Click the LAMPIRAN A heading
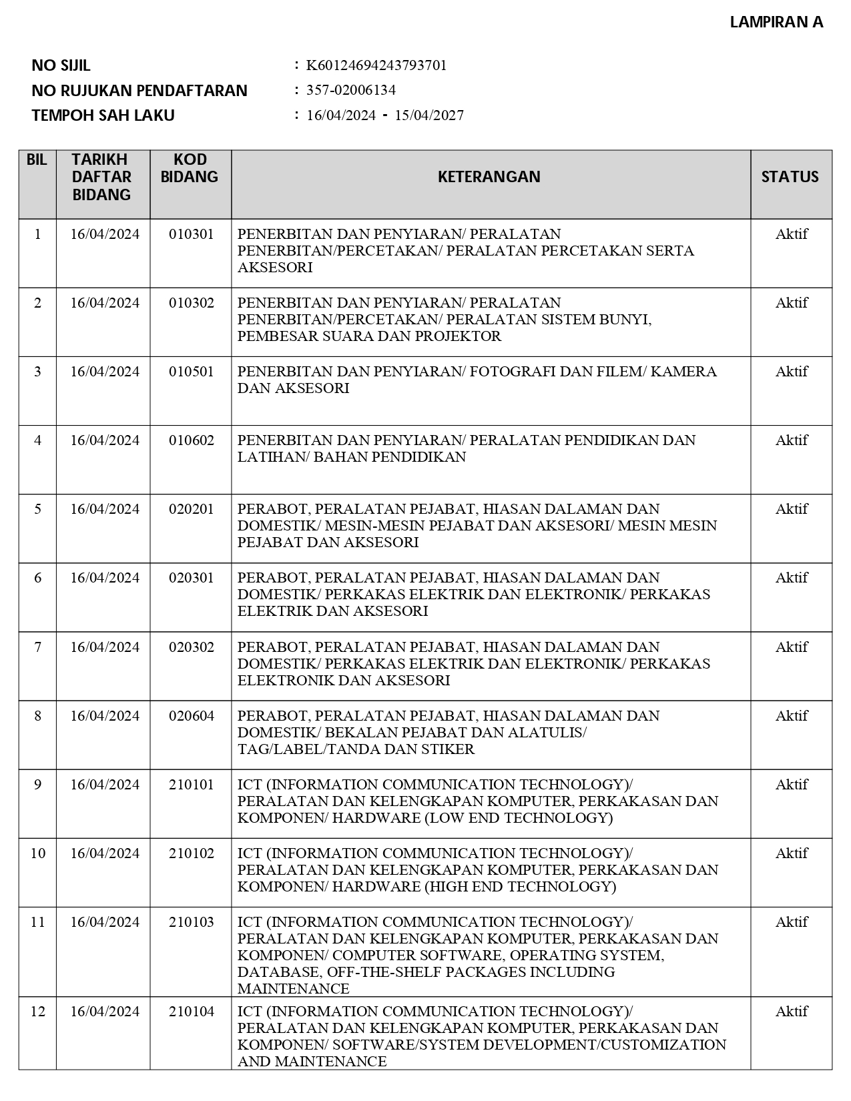pyautogui.click(x=776, y=22)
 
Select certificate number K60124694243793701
pyautogui.click(x=376, y=65)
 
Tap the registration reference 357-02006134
pyautogui.click(x=351, y=90)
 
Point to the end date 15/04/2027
pyautogui.click(x=429, y=115)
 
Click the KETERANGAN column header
pyautogui.click(x=489, y=177)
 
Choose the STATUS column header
pyautogui.click(x=790, y=177)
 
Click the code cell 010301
pyautogui.click(x=192, y=234)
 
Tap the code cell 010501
pyautogui.click(x=192, y=372)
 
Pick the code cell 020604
pyautogui.click(x=192, y=716)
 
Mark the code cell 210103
pyautogui.click(x=192, y=922)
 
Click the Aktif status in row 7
pyautogui.click(x=792, y=647)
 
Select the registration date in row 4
pyautogui.click(x=105, y=440)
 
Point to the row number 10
pyautogui.click(x=38, y=853)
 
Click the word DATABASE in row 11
pyautogui.click(x=267, y=972)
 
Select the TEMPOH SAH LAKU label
pyautogui.click(x=103, y=115)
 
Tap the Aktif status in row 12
pyautogui.click(x=792, y=1012)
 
